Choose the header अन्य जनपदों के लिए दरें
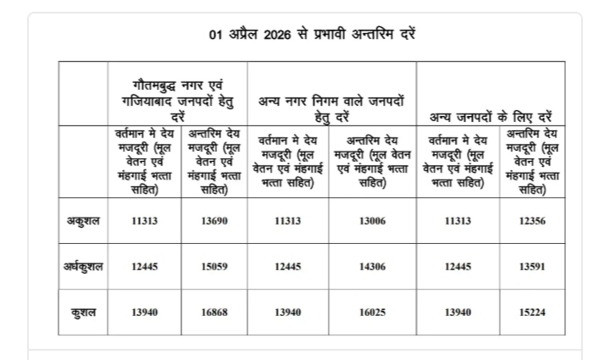click(x=491, y=114)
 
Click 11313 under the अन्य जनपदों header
click(x=457, y=222)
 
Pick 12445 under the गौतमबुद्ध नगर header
click(x=145, y=267)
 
